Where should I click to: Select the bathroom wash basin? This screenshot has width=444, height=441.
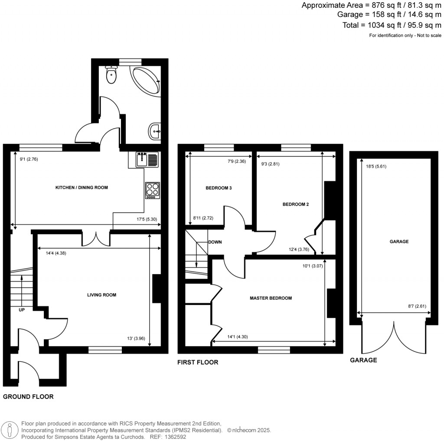(155, 131)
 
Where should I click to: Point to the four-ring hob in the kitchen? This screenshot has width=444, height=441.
(152, 190)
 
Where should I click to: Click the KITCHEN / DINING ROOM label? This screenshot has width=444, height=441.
(82, 188)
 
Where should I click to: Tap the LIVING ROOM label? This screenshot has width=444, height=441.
(102, 295)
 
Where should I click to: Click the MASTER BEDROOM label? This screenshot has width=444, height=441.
(271, 298)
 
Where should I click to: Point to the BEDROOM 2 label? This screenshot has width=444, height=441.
(295, 204)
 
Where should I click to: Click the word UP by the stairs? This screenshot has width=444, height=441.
(21, 310)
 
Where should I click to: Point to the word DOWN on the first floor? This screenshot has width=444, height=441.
(215, 242)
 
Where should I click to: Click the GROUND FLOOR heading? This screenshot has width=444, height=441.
(28, 396)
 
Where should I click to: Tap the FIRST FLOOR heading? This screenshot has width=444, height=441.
(198, 362)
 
